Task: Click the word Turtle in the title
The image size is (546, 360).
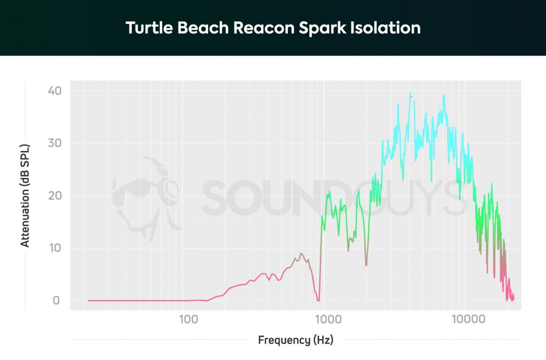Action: (145, 28)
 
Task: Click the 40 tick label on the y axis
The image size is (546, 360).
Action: (55, 91)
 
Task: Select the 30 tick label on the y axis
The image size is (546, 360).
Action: (55, 143)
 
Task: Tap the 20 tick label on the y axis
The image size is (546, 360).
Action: (55, 195)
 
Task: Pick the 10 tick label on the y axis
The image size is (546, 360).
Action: (55, 248)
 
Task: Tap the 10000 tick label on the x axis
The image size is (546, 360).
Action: (469, 319)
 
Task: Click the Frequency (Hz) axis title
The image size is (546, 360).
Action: (295, 340)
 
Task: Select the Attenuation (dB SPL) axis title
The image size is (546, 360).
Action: (25, 195)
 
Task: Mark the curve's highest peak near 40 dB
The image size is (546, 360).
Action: (410, 93)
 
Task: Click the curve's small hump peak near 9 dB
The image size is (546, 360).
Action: (301, 253)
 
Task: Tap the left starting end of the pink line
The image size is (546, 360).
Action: (89, 300)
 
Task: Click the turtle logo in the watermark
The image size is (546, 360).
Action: (147, 197)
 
